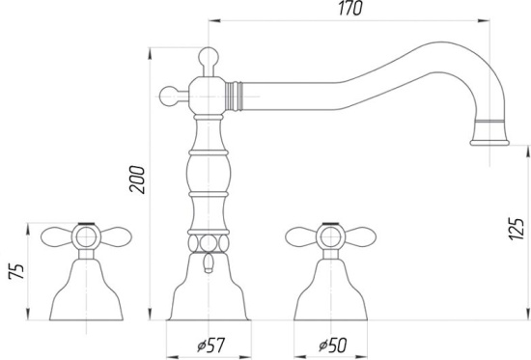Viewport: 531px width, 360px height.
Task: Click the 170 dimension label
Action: click(x=350, y=8)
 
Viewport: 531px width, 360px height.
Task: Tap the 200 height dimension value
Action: click(x=137, y=180)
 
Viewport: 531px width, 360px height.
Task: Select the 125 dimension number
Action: click(x=517, y=229)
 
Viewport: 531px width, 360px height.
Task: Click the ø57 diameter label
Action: click(x=210, y=346)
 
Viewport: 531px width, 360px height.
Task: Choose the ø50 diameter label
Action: click(x=333, y=346)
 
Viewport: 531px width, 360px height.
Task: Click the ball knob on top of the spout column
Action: click(x=209, y=56)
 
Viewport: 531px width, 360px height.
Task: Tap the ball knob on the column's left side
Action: click(x=169, y=97)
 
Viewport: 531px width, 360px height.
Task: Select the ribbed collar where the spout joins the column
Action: click(x=234, y=97)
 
